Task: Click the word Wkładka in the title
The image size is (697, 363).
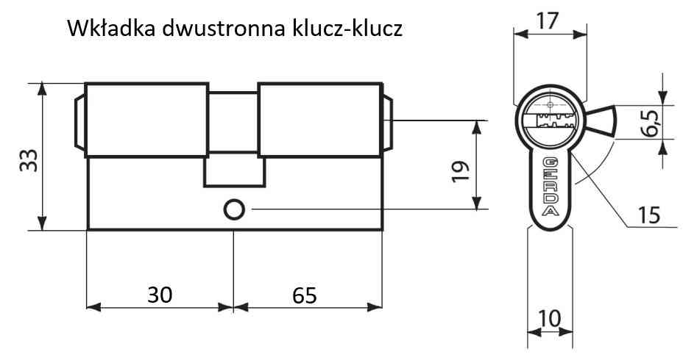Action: (x=110, y=29)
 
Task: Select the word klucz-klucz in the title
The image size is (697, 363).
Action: (x=347, y=29)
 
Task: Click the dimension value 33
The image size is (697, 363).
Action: (x=29, y=160)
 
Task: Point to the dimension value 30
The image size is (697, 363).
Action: (x=160, y=295)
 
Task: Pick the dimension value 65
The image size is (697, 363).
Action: (x=305, y=295)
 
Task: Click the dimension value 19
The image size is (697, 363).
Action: (x=461, y=171)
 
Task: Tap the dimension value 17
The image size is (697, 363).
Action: (x=547, y=21)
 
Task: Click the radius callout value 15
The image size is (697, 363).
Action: (x=649, y=215)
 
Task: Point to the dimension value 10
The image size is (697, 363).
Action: (x=549, y=318)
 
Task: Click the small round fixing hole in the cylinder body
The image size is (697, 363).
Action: (x=234, y=209)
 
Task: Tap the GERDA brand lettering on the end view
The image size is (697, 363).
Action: (x=551, y=186)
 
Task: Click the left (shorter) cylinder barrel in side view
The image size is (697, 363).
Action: (x=146, y=120)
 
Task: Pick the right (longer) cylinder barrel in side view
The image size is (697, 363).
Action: (x=319, y=120)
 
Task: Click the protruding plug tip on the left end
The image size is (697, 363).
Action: (x=79, y=121)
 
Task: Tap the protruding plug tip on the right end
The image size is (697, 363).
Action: (x=387, y=121)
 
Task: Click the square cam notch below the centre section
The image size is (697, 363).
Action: (x=234, y=172)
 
